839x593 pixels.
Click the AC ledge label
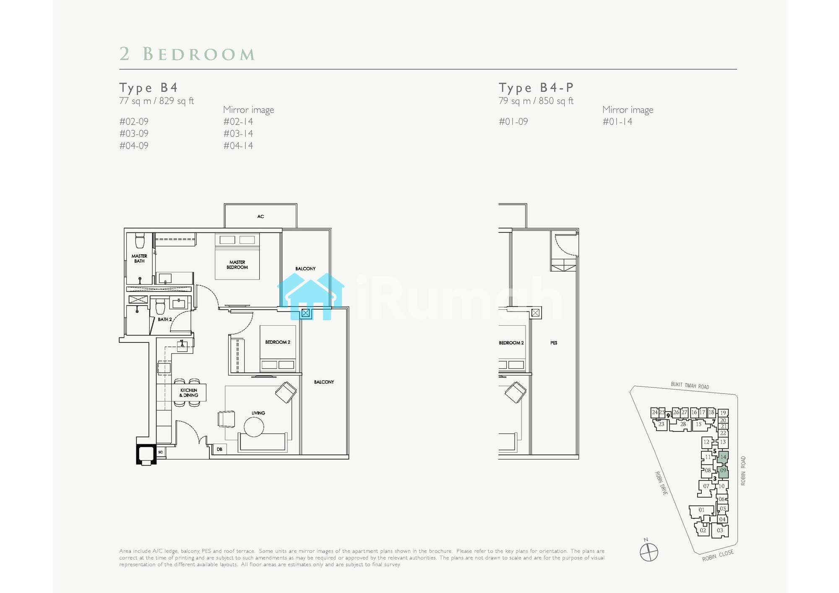point(261,217)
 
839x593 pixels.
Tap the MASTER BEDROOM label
point(237,265)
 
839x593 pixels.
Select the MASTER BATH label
point(139,259)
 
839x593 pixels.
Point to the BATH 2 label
point(165,319)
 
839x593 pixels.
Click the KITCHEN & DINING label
point(189,393)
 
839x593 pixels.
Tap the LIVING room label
point(258,413)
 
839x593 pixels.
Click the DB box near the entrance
point(219,449)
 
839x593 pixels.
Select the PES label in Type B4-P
point(554,343)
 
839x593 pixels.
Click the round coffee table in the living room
point(254,427)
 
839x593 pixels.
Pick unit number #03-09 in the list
point(134,133)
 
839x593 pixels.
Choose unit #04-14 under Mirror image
point(238,146)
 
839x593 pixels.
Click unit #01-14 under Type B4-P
point(618,122)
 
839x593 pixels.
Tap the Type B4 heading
point(149,88)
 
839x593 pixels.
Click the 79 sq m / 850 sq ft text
point(536,101)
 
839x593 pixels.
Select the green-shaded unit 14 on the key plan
point(723,457)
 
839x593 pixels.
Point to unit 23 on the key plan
point(661,424)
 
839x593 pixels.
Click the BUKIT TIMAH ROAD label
point(690,385)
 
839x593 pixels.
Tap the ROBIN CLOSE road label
point(718,555)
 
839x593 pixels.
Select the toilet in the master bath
point(140,240)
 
